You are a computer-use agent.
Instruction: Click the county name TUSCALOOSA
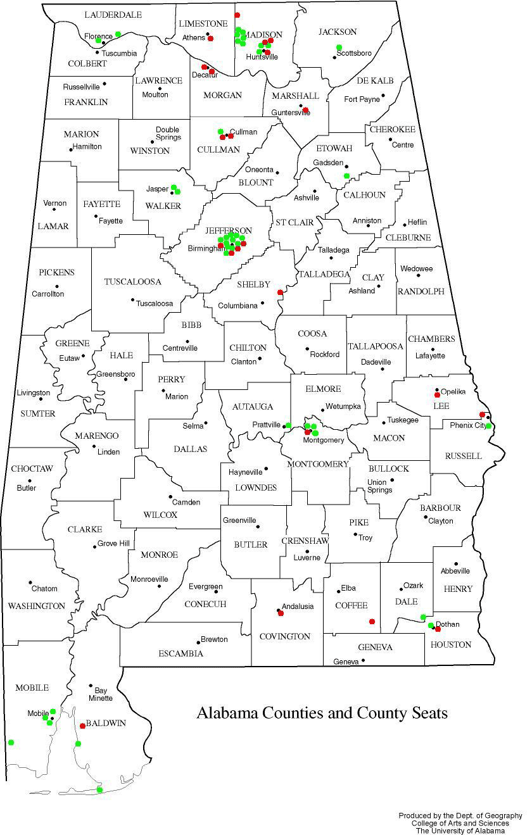133,282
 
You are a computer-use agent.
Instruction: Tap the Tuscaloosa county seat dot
132,300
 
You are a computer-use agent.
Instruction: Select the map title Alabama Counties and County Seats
322,713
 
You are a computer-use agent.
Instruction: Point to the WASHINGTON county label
36,606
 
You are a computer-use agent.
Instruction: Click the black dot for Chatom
30,582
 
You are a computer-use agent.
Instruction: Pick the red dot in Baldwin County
82,725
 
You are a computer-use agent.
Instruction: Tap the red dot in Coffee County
372,621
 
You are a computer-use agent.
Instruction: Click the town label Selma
193,425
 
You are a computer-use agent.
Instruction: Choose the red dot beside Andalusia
280,612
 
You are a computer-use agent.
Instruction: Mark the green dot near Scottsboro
339,47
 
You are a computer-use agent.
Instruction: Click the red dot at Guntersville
306,110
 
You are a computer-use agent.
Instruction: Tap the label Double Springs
168,134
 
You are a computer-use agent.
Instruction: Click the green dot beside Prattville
288,425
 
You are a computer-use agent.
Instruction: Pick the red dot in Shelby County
280,292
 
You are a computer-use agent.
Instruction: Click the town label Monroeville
149,579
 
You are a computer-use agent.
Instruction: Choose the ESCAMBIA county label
181,653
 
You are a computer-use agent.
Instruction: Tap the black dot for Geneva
364,660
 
